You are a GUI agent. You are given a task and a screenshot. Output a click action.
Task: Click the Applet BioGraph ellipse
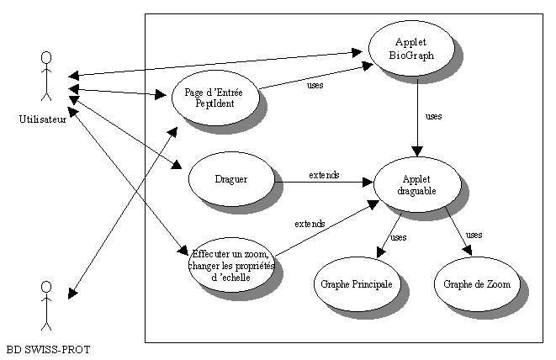tap(412, 49)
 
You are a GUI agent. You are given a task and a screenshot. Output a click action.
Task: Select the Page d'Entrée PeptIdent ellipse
tap(213, 98)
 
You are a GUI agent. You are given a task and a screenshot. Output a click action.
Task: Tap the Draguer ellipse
tap(230, 178)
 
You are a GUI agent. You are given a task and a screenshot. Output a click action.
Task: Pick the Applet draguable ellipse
tap(416, 184)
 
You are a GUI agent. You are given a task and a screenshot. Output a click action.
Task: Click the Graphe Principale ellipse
tap(356, 284)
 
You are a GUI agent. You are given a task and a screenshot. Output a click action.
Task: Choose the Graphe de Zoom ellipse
tap(476, 284)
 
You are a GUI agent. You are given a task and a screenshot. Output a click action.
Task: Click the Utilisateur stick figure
tap(47, 79)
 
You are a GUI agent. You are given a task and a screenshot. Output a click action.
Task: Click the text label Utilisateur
tap(43, 119)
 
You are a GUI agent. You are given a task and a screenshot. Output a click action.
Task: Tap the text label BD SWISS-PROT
tap(48, 348)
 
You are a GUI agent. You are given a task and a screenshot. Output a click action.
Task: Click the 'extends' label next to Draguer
tap(324, 175)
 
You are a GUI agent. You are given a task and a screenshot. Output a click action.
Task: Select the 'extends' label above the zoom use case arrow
tap(310, 224)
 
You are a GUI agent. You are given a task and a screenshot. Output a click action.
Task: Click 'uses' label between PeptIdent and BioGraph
tap(315, 84)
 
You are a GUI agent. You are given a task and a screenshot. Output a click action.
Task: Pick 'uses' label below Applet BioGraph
tap(434, 116)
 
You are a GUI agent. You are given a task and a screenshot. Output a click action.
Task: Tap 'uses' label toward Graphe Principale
tap(399, 236)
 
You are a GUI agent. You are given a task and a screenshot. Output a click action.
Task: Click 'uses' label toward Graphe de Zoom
tap(474, 234)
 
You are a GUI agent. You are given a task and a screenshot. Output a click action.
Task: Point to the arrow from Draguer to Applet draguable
tap(324, 182)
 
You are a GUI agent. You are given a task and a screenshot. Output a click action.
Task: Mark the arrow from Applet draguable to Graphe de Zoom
tap(458, 230)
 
